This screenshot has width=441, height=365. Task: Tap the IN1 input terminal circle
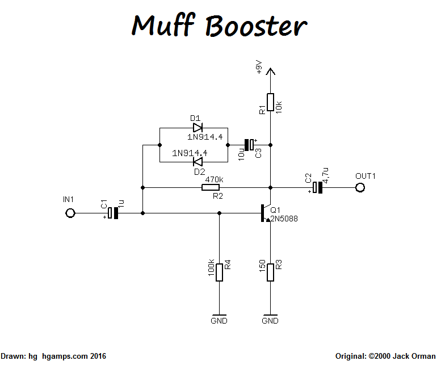coord(70,213)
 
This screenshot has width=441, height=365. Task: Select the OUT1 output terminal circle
coord(359,187)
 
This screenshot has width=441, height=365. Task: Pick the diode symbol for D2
coord(198,162)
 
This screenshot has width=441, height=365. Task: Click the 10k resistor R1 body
coord(271,103)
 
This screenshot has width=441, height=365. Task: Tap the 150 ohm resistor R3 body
coord(271,271)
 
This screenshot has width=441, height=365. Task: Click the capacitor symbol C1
coord(114,213)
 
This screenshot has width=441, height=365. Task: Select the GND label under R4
coord(219,321)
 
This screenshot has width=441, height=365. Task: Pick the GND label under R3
coord(271,321)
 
